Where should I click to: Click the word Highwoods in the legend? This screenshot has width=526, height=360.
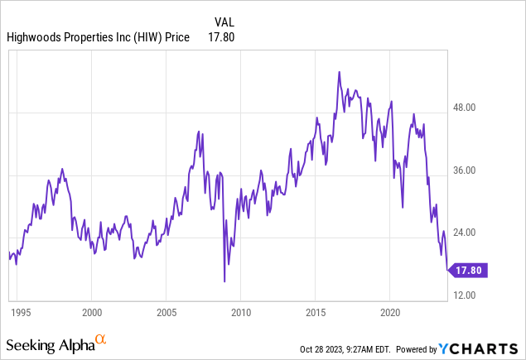36,36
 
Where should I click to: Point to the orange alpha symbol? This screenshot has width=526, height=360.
101,339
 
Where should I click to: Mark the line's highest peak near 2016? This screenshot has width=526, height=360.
340,72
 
